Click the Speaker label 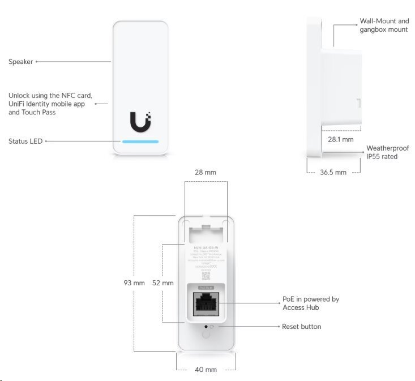click(20, 62)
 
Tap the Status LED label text click(25, 140)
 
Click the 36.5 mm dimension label click(333, 173)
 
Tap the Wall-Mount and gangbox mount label click(383, 25)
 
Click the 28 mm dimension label click(205, 172)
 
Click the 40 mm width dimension click(206, 370)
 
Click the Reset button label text click(301, 327)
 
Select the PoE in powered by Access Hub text click(310, 303)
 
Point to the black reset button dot click(205, 327)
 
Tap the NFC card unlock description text click(50, 104)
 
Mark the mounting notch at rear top click(205, 229)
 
